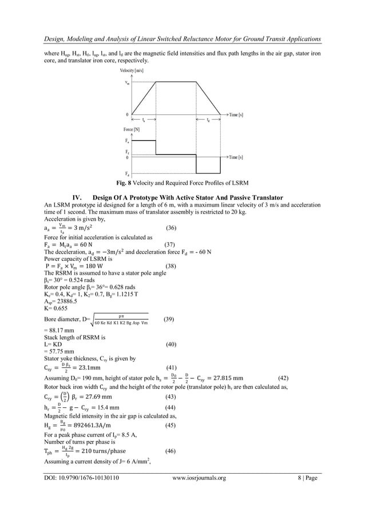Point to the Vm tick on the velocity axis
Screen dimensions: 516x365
click(127, 82)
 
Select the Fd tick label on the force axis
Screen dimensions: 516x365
click(126, 173)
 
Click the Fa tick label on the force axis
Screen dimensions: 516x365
click(126, 140)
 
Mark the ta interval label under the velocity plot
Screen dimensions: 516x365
click(143, 121)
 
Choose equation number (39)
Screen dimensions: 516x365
click(169, 319)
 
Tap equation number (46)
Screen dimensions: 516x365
click(170, 451)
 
